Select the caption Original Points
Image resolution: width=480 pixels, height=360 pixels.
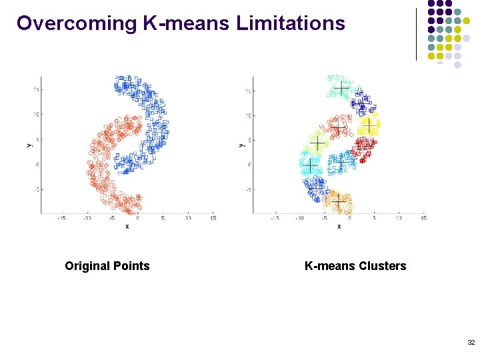tap(107, 266)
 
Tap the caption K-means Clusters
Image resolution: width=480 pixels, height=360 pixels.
tap(355, 266)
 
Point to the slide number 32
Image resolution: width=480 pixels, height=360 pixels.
tap(471, 342)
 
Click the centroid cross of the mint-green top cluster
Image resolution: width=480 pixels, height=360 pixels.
tap(341, 89)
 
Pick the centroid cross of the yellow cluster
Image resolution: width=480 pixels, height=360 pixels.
tap(369, 125)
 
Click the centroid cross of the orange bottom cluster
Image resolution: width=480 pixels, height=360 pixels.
tap(339, 201)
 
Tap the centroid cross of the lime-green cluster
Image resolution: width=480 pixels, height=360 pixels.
tap(317, 144)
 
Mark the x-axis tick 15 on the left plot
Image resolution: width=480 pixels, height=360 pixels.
tap(213, 217)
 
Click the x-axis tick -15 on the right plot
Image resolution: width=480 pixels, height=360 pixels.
tap(274, 217)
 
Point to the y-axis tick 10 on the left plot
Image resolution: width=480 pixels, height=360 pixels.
tap(37, 115)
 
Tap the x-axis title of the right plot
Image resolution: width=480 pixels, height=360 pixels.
tap(339, 226)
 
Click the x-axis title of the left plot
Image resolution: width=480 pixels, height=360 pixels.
tap(127, 226)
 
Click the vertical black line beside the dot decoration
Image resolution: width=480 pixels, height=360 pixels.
tap(416, 33)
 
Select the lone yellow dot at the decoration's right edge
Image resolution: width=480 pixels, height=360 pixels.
tap(467, 21)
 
